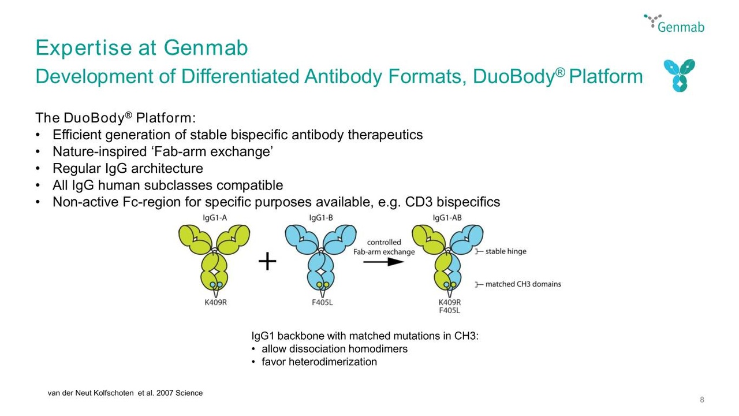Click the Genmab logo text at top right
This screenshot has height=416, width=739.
pyautogui.click(x=681, y=27)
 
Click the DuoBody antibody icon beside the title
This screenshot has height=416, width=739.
pyautogui.click(x=680, y=75)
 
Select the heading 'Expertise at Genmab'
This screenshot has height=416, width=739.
pyautogui.click(x=141, y=47)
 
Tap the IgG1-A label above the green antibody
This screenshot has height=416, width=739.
pyautogui.click(x=215, y=218)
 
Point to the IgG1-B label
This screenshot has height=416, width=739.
pyautogui.click(x=321, y=218)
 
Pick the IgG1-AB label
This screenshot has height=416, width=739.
pyautogui.click(x=447, y=218)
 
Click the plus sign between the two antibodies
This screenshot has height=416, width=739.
pyautogui.click(x=267, y=262)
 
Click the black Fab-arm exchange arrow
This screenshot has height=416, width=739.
pyautogui.click(x=384, y=262)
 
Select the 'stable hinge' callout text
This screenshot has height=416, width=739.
pyautogui.click(x=506, y=251)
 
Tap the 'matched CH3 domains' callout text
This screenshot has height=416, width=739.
pyautogui.click(x=523, y=284)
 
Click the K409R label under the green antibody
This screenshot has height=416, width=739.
pyautogui.click(x=216, y=302)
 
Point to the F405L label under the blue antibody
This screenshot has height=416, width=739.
pyautogui.click(x=322, y=302)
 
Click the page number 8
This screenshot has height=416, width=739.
pyautogui.click(x=702, y=400)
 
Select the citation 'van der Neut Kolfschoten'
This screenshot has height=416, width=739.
pyautogui.click(x=91, y=393)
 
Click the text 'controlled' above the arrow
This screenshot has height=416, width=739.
pyautogui.click(x=384, y=242)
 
